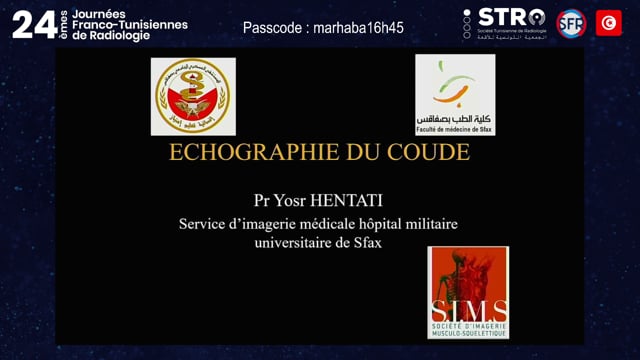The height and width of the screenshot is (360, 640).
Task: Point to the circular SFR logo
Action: (571, 22)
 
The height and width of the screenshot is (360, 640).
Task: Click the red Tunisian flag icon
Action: (608, 22)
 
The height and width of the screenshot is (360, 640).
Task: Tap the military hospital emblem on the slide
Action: (192, 96)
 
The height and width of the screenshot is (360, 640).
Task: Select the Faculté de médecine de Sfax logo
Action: (455, 94)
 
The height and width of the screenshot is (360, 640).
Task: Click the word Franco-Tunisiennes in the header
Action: (127, 24)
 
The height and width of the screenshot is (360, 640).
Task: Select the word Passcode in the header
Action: (272, 28)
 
